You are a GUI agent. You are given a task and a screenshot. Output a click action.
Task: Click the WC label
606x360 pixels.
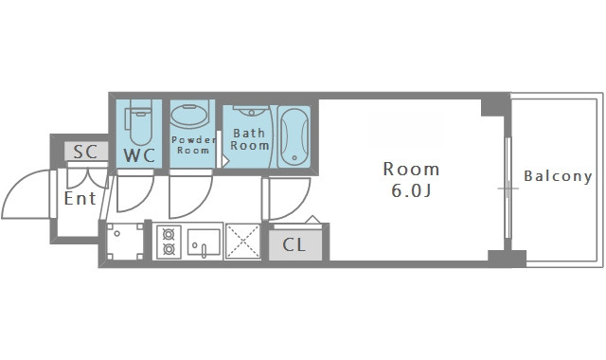tap(139, 155)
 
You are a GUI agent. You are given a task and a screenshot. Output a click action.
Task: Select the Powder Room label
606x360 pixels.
tap(193, 145)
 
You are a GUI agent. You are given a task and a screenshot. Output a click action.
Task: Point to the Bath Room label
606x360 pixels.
tap(250, 139)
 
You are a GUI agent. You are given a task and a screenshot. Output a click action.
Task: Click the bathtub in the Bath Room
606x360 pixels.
tap(294, 136)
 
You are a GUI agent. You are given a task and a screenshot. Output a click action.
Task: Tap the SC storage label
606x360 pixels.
tap(85, 152)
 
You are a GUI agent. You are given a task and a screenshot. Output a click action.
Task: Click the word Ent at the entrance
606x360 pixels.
tap(80, 199)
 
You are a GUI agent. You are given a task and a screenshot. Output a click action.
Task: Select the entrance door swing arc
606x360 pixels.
tap(15, 186)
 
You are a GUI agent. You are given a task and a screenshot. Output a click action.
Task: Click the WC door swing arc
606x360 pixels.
tap(146, 200)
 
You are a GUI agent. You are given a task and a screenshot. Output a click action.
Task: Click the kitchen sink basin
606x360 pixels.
tap(204, 242)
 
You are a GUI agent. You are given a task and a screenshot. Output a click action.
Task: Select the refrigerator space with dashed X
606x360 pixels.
tap(242, 242)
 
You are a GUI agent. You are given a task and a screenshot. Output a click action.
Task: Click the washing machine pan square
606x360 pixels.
tap(124, 242)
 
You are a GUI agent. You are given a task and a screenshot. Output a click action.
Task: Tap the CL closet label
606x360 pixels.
tap(294, 244)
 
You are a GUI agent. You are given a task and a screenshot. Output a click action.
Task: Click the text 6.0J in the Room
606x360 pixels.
tap(411, 190)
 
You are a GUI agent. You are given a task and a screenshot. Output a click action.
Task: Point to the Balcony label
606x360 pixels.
tap(558, 176)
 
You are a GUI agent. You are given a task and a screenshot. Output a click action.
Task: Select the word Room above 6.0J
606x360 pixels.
tap(411, 169)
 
